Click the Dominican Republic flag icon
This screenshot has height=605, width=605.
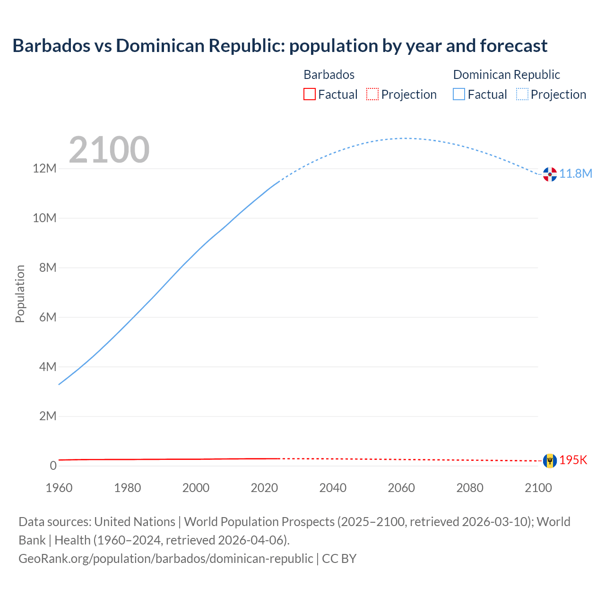[x=550, y=174]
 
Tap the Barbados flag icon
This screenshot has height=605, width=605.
[x=550, y=460]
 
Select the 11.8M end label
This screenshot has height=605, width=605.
[x=576, y=174]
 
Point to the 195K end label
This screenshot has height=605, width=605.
[x=573, y=460]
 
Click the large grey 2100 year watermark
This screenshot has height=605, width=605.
[x=109, y=150]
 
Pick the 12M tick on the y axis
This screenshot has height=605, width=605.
[x=44, y=169]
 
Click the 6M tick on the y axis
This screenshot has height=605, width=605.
[x=48, y=317]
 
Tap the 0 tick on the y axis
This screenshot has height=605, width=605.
[x=53, y=466]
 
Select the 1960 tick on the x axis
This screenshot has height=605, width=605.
[x=59, y=488]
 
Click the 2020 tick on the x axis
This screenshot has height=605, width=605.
[x=264, y=488]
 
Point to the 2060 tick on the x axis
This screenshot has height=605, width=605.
[x=401, y=488]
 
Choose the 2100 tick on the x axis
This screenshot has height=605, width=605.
[x=538, y=488]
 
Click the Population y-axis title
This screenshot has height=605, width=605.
[x=20, y=294]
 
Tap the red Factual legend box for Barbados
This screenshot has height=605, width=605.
[x=310, y=95]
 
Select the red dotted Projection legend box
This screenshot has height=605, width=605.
[x=372, y=95]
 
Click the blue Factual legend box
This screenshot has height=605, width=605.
[x=459, y=95]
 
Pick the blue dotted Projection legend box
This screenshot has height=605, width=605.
[x=522, y=95]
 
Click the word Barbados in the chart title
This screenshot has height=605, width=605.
[x=51, y=46]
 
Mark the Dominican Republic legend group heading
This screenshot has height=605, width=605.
[x=506, y=75]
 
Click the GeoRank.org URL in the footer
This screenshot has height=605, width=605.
[x=165, y=559]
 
